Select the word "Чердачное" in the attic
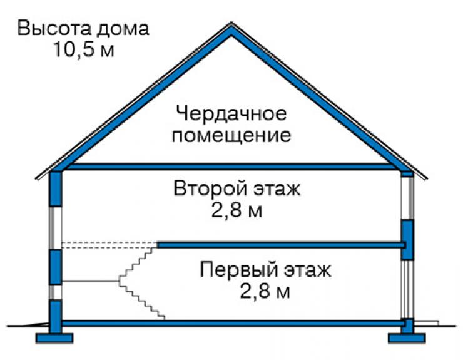tap(232, 115)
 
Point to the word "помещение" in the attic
tap(232, 136)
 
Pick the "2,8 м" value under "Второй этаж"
tap(237, 210)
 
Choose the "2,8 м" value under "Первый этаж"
tap(265, 291)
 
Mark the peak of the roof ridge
tap(232, 23)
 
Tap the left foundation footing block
tap(54, 338)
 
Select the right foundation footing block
tap(407, 338)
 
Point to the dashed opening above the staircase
tap(109, 245)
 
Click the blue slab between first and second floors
tap(281, 245)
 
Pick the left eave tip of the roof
tap(36, 178)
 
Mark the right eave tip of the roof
tap(427, 178)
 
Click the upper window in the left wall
tap(56, 228)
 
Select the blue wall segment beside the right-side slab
tap(407, 240)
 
